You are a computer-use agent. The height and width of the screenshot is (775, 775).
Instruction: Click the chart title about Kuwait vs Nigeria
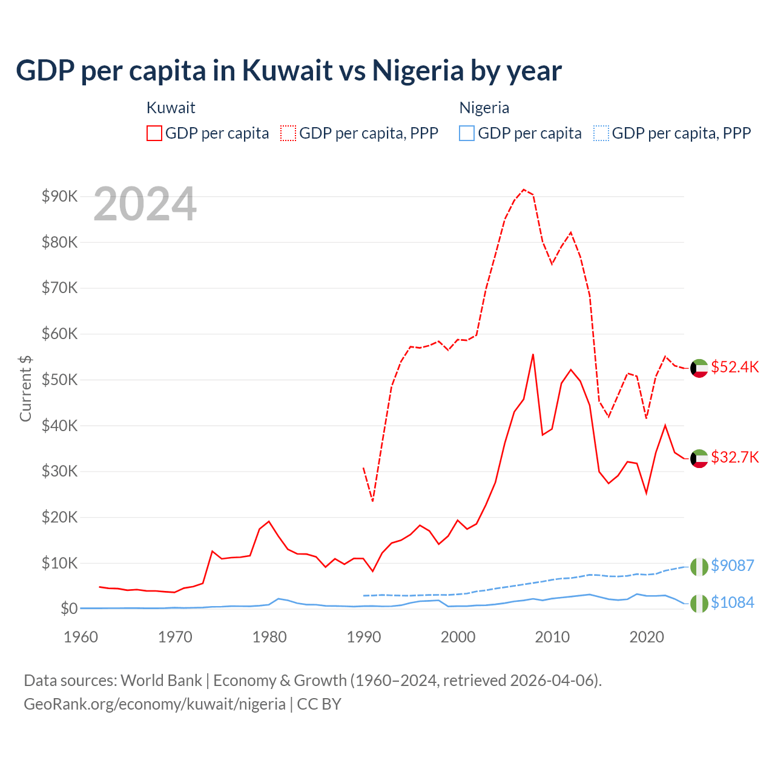(289, 70)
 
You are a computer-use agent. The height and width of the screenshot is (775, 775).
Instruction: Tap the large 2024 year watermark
(145, 204)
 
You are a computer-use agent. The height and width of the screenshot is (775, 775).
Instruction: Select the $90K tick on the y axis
(60, 196)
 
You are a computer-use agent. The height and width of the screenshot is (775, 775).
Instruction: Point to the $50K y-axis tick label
(60, 380)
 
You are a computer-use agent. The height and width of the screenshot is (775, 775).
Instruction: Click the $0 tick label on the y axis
(68, 608)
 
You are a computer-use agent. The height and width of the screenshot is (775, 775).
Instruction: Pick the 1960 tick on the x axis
(81, 637)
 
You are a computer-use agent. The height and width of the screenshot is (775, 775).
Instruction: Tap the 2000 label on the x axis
(458, 637)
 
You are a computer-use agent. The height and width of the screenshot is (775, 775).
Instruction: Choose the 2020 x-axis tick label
(647, 637)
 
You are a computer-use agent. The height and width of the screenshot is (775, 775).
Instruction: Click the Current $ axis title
(25, 387)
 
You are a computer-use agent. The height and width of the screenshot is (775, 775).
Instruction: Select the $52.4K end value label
(734, 368)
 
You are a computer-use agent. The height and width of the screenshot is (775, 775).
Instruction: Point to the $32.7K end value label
(734, 457)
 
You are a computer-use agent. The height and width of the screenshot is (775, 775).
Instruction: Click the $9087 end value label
(732, 566)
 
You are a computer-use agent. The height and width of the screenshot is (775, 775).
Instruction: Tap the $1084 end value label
(732, 602)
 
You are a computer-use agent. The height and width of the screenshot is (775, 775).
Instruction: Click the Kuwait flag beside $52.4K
(699, 368)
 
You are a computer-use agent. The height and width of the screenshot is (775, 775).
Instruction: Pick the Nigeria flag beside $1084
(699, 603)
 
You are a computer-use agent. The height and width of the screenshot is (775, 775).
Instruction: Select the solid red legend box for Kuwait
(154, 133)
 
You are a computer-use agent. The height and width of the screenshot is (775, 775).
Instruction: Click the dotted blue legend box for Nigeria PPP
(601, 133)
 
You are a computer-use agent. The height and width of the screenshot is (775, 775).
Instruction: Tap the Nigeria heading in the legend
(484, 108)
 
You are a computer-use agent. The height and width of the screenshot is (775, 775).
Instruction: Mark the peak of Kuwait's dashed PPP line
(524, 190)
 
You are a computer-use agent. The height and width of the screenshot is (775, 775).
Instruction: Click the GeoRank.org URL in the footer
(154, 704)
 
